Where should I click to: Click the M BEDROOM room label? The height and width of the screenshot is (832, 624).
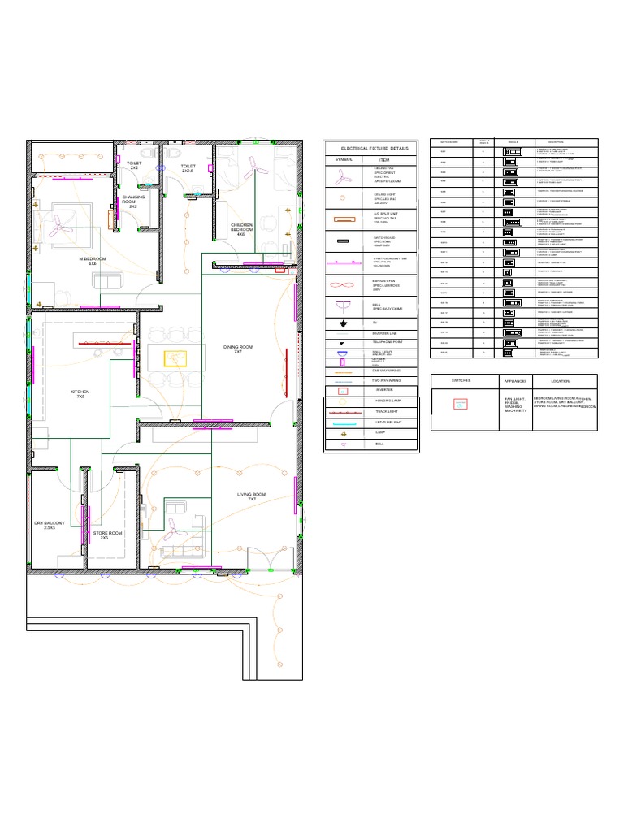tap(87, 261)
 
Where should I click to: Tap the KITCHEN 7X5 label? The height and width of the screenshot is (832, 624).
tap(80, 394)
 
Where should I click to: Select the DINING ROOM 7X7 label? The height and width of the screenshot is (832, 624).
tap(238, 349)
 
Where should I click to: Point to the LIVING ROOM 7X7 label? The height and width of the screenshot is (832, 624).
tap(251, 496)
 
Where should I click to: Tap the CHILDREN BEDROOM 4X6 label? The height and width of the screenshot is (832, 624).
tap(241, 228)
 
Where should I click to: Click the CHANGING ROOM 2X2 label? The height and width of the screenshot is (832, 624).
tap(133, 201)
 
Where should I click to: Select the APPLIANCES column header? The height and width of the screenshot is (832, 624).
tap(515, 380)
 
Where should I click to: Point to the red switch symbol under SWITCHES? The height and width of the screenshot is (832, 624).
tap(461, 404)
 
